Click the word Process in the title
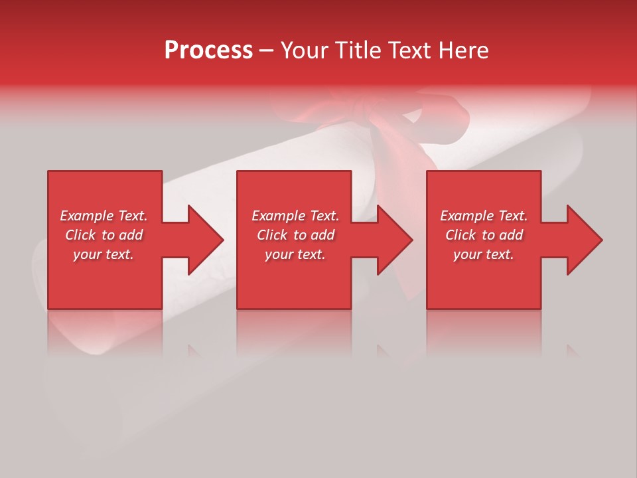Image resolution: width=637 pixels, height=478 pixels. click(x=208, y=50)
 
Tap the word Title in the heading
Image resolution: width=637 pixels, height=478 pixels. click(x=359, y=50)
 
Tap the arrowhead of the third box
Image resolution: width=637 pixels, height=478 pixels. click(x=583, y=240)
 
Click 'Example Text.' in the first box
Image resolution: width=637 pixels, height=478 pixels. click(x=104, y=216)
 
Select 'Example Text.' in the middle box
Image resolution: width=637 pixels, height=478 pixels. click(x=295, y=216)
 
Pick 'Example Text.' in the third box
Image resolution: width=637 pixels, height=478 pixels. click(x=484, y=216)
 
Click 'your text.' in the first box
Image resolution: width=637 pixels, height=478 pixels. click(x=104, y=254)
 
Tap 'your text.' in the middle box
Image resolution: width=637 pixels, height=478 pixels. click(x=295, y=254)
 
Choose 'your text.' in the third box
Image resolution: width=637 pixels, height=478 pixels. click(x=484, y=254)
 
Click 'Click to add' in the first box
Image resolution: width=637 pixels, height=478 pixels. click(x=104, y=235)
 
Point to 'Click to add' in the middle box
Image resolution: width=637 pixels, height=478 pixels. click(x=295, y=235)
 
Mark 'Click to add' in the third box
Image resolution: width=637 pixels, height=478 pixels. click(x=484, y=235)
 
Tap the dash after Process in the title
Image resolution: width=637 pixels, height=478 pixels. click(x=266, y=50)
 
